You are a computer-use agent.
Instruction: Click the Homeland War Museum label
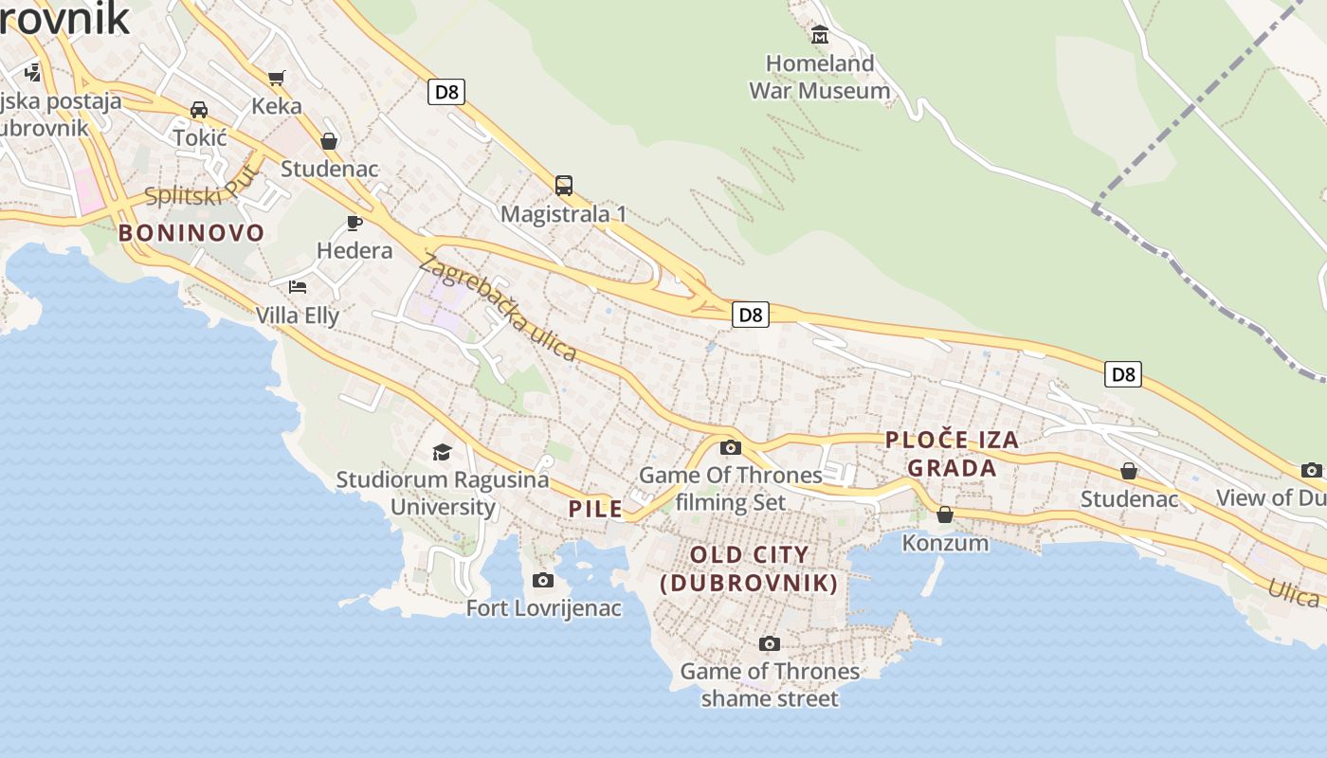point(820,77)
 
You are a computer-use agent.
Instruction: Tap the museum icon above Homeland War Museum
point(820,36)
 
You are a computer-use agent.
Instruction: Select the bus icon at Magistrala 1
point(564,186)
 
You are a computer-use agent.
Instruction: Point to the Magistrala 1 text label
point(564,214)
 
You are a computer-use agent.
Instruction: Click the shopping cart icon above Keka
point(276,78)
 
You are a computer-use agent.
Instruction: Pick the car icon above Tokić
point(199,110)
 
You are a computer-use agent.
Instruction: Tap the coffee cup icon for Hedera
point(354,224)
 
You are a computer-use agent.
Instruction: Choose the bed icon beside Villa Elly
point(298,286)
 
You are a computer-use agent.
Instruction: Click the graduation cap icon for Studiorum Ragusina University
point(443,452)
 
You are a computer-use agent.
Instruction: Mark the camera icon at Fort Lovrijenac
point(543,580)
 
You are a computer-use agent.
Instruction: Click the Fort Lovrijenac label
point(544,608)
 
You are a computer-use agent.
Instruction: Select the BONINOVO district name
point(191,233)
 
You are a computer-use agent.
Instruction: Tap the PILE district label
point(595,509)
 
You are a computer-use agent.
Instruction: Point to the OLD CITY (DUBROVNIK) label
point(750,568)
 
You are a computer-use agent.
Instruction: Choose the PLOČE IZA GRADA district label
point(952,453)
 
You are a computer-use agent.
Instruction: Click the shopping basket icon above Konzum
point(945,514)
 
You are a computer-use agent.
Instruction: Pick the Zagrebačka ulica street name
point(498,308)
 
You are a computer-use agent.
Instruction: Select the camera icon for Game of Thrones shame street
point(770,644)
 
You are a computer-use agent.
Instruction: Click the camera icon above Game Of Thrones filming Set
point(731,448)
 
